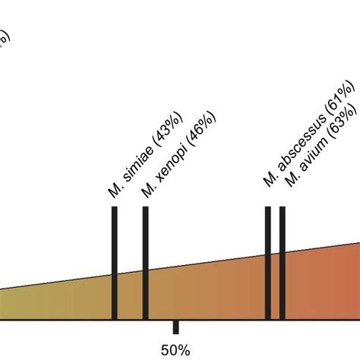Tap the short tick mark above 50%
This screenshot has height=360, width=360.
175,327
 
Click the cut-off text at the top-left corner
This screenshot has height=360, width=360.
4,38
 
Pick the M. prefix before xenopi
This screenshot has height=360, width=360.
147,191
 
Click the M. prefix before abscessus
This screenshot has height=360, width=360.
268,180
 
